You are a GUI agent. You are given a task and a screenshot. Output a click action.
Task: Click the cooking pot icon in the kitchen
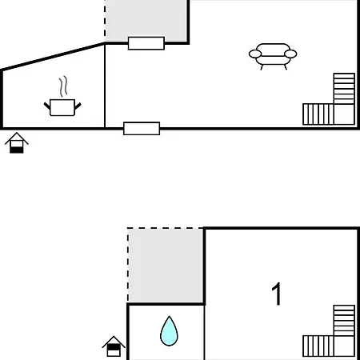click(62, 107)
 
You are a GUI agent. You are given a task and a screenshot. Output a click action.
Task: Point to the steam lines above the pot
click(63, 86)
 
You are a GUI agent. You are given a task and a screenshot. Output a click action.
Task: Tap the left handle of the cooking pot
click(47, 106)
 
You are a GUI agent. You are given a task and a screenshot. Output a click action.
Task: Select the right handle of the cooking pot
click(78, 106)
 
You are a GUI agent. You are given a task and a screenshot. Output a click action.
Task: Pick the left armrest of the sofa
click(255, 54)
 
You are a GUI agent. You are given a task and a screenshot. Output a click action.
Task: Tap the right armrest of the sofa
click(290, 54)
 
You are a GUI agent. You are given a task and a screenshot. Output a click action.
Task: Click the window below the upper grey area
click(146, 43)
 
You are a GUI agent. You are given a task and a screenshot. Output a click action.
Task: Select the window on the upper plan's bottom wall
click(142, 129)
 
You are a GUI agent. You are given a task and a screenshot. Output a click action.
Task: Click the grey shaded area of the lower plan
click(166, 266)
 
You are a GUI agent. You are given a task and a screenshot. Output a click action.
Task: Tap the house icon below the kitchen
click(17, 143)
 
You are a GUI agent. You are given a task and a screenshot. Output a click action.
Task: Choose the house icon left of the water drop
click(114, 346)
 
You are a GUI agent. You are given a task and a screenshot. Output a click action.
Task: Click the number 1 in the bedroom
click(277, 294)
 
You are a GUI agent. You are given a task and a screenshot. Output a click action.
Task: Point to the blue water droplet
click(169, 331)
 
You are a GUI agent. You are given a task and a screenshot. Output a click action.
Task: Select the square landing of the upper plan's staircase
click(344, 114)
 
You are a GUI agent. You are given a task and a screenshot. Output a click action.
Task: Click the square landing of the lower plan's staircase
click(344, 346)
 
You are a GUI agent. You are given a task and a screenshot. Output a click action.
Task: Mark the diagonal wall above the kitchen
click(53, 56)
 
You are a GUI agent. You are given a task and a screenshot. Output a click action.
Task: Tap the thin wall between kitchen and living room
click(105, 86)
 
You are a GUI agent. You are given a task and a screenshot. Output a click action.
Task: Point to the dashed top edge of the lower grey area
click(166, 228)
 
